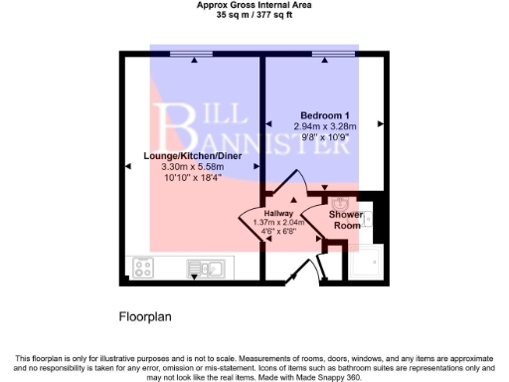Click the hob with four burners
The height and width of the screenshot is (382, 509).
click(x=143, y=267)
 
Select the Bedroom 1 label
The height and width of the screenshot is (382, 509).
click(x=319, y=115)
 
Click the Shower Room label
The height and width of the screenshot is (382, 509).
click(x=346, y=219)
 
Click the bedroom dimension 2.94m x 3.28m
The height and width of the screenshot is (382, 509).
click(x=319, y=127)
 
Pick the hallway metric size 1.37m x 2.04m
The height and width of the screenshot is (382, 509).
click(x=279, y=222)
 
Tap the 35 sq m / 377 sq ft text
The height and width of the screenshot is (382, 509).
click(x=254, y=15)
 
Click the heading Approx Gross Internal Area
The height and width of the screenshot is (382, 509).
click(x=254, y=5)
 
